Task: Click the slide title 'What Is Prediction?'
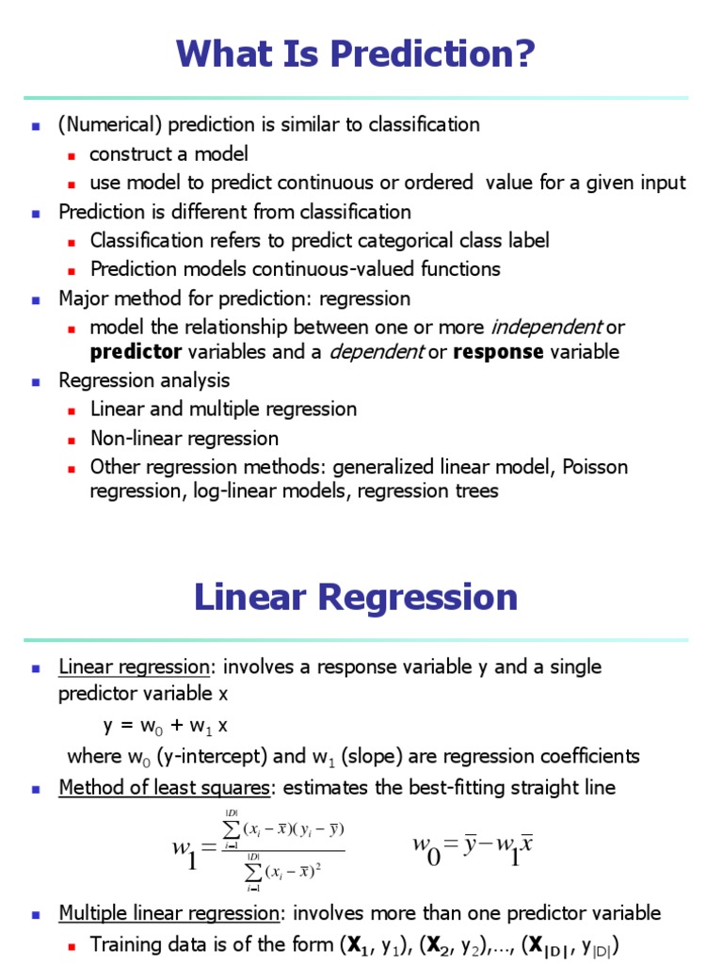pyautogui.click(x=355, y=55)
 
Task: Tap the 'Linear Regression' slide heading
pyautogui.click(x=356, y=597)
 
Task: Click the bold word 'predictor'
pyautogui.click(x=136, y=352)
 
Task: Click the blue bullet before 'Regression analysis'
pyautogui.click(x=36, y=381)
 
